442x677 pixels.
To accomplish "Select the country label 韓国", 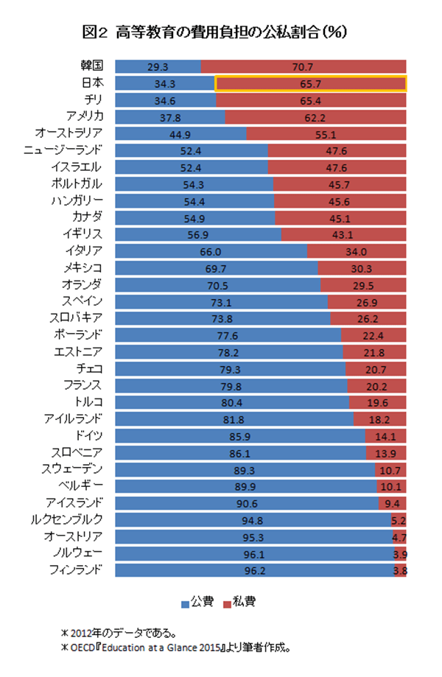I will tap(91, 66).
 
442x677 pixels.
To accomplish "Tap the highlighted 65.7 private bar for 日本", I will tap(310, 83).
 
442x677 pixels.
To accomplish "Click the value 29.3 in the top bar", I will tap(158, 66).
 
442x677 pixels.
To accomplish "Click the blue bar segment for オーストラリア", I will tap(181, 133).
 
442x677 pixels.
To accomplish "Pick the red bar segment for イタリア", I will tap(357, 250).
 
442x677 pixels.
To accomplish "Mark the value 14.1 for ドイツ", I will tap(386, 435).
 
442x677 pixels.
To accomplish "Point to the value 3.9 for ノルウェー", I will tap(400, 553).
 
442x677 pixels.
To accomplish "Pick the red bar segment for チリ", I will tap(312, 99).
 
